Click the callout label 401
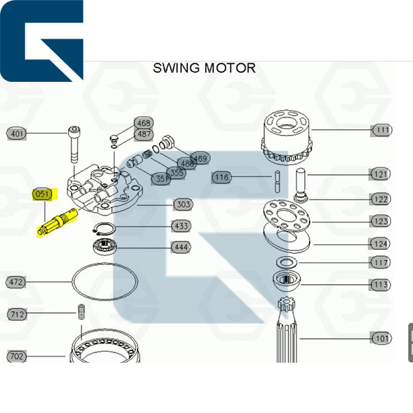(17, 134)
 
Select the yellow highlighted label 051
(43, 194)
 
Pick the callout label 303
(182, 204)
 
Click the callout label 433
(180, 226)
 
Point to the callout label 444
(180, 246)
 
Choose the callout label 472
(17, 282)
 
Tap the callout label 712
(17, 315)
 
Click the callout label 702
(17, 356)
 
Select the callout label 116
(221, 178)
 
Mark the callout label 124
(381, 243)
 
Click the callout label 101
(381, 338)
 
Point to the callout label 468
(143, 123)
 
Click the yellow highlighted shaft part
(59, 222)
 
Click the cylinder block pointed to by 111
(288, 135)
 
